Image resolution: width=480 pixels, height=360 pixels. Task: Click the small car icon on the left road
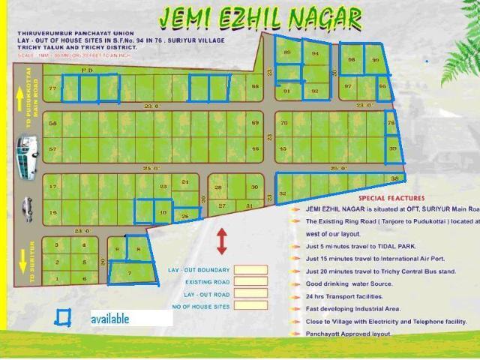[x=28, y=208]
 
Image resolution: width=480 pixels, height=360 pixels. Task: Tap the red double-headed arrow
[x=222, y=241]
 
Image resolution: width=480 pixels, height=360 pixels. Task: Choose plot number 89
[x=287, y=52]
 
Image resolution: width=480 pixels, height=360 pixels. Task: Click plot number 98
[x=352, y=60]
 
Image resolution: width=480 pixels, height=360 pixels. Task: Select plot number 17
[x=52, y=187]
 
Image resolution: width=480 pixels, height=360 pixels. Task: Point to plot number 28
[x=218, y=187]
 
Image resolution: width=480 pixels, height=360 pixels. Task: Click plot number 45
[x=283, y=149]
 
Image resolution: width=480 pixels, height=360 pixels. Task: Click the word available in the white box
[x=110, y=319]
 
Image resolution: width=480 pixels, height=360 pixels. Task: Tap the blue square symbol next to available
[x=63, y=318]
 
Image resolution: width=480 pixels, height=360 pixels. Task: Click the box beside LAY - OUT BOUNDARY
[x=250, y=270]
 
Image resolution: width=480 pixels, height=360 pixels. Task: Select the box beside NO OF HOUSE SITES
[x=250, y=308]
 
